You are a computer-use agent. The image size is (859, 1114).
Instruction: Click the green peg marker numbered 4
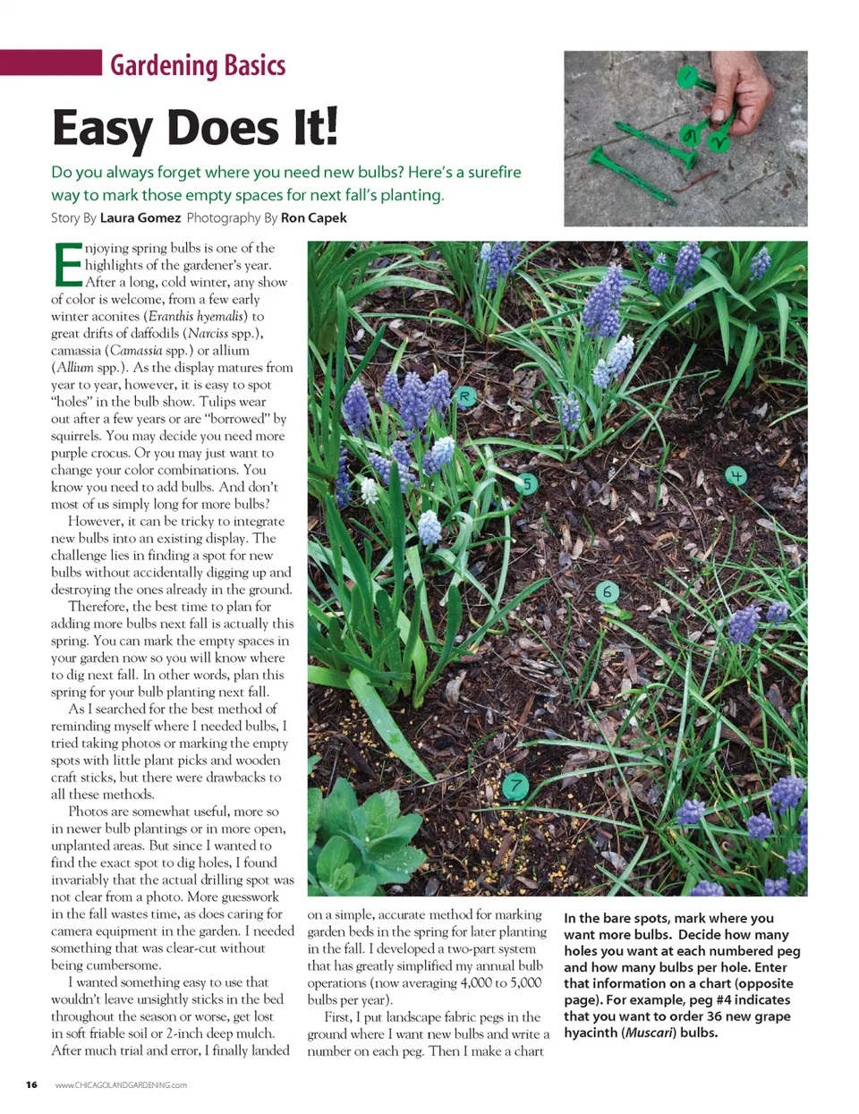tap(736, 476)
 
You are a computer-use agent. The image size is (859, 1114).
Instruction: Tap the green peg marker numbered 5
tap(528, 484)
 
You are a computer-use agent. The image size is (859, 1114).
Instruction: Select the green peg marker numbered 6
tap(608, 591)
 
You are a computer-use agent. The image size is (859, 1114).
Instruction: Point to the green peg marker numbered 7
tap(515, 787)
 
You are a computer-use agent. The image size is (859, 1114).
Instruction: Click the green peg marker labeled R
tap(465, 396)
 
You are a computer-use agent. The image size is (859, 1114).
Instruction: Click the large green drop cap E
tap(67, 265)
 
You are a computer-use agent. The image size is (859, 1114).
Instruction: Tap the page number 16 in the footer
tap(31, 1084)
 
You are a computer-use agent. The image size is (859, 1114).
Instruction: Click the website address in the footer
tap(121, 1085)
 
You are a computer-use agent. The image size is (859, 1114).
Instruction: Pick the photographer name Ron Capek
tap(313, 217)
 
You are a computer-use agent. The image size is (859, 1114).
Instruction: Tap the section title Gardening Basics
tap(198, 65)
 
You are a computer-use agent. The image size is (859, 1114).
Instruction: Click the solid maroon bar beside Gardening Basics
tap(51, 63)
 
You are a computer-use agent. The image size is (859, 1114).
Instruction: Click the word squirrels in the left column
tap(75, 436)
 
